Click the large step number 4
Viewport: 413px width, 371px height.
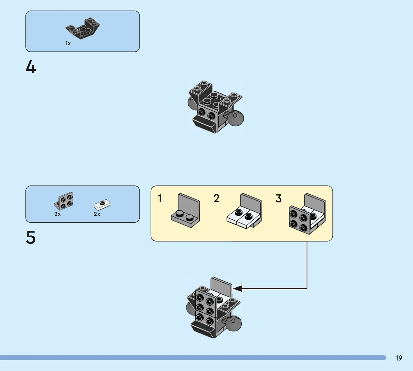[x=31, y=67]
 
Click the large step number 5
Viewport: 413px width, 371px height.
[x=31, y=237]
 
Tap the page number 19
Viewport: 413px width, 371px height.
[x=399, y=358]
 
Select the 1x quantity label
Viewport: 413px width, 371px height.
[x=68, y=43]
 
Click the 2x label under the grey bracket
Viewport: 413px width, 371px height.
[x=57, y=214]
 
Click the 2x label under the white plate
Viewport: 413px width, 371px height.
[x=97, y=214]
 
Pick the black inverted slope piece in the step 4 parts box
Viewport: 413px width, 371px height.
[x=83, y=28]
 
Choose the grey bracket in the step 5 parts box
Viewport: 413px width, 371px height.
[x=63, y=201]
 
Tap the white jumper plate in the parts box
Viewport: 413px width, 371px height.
[x=102, y=205]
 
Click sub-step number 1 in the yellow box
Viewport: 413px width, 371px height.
[x=160, y=198]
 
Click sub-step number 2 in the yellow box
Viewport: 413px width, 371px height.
[x=216, y=198]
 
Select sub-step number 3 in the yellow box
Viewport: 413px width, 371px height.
[x=279, y=198]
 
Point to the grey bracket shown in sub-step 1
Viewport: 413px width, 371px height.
[x=185, y=211]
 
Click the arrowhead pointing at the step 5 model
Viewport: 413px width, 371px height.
[x=238, y=288]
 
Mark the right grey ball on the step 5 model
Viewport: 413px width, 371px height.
[x=234, y=323]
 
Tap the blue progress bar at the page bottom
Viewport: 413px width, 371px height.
[x=193, y=358]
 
